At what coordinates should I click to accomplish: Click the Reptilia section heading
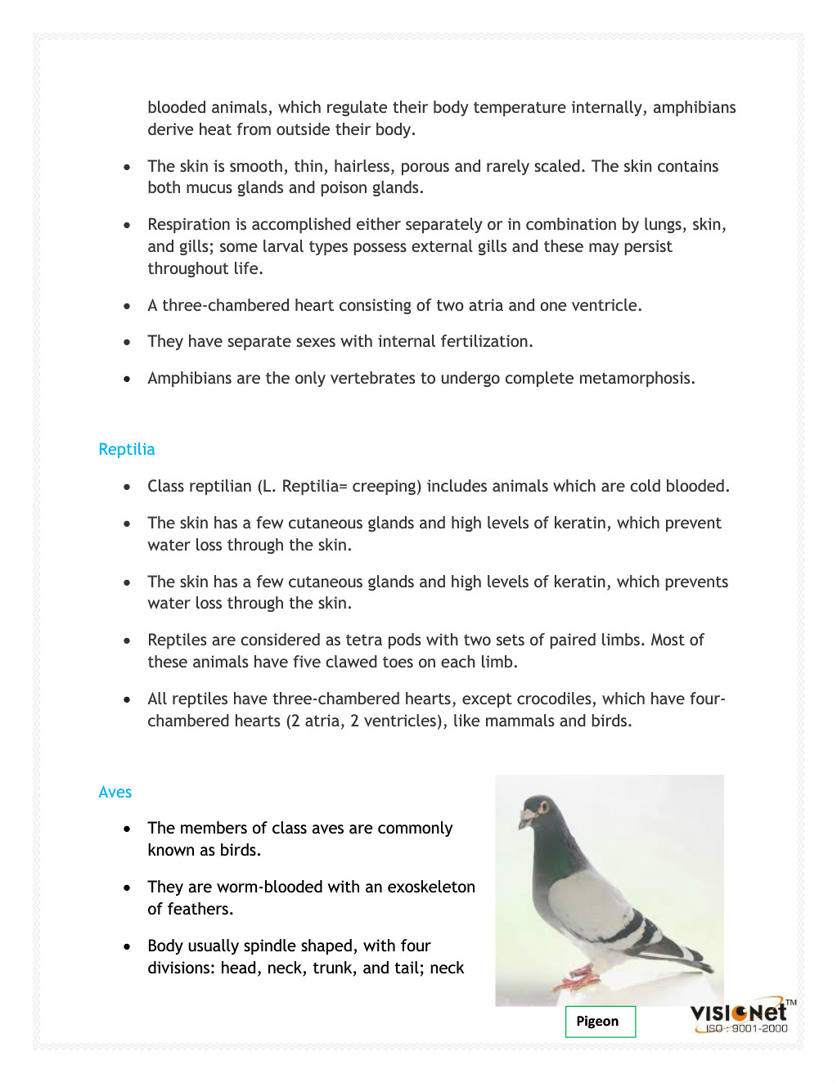126,449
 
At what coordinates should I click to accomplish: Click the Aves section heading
115,792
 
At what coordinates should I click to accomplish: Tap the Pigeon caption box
599,1021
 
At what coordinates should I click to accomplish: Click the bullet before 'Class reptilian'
127,487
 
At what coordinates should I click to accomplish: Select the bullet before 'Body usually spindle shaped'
127,946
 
